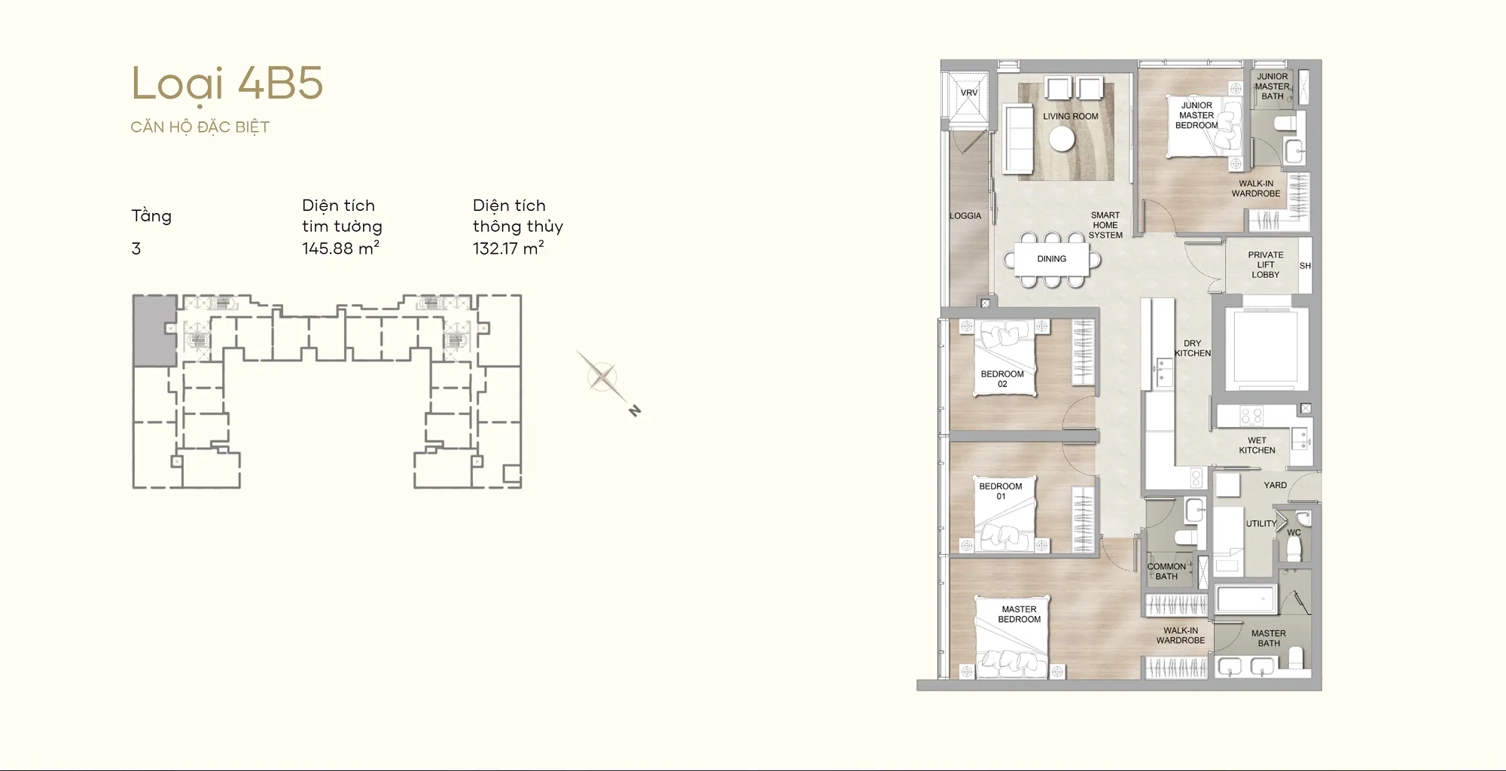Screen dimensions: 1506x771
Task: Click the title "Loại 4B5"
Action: click(x=227, y=84)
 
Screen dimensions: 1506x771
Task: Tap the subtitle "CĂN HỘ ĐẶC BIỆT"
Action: click(x=200, y=127)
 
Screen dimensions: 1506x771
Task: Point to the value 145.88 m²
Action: click(x=340, y=248)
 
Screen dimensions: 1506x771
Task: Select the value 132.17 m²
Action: click(x=508, y=248)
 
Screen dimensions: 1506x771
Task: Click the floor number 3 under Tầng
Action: click(x=136, y=249)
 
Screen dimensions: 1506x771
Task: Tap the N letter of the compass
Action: click(x=635, y=411)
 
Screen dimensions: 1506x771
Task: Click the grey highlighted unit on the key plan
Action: click(x=154, y=331)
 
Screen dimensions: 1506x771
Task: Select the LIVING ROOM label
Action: click(x=1070, y=117)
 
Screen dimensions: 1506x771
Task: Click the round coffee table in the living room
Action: click(x=1062, y=139)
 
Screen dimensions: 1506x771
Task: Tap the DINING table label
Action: click(x=1052, y=259)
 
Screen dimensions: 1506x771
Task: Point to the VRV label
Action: click(x=969, y=93)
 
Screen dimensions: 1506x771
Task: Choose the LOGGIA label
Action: click(x=965, y=216)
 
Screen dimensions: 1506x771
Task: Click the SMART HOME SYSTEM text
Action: click(x=1105, y=225)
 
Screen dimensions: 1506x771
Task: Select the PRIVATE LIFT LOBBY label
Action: click(x=1266, y=265)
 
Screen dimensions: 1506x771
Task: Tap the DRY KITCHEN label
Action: click(x=1193, y=349)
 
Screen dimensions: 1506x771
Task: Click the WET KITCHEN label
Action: click(x=1258, y=446)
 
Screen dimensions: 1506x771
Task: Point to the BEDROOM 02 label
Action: click(x=1002, y=379)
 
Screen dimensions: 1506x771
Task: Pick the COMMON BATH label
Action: click(x=1166, y=571)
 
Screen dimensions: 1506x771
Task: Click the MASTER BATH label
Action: click(x=1269, y=638)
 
